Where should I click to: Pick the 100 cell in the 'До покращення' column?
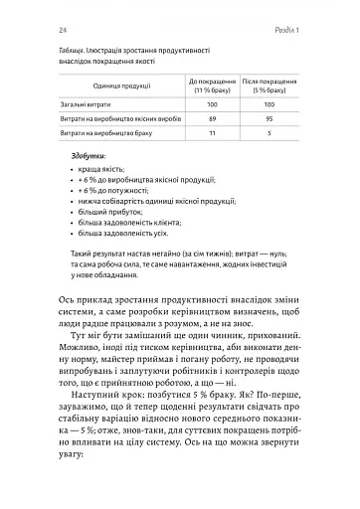pos(211,104)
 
